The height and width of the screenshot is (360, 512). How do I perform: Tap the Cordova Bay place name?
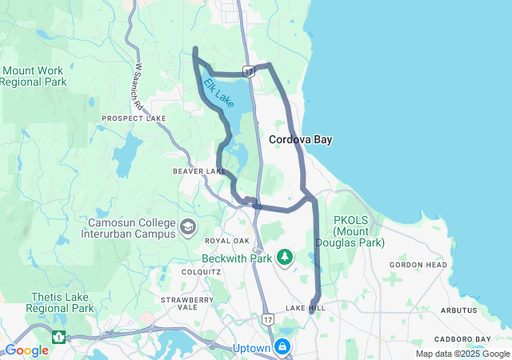pyautogui.click(x=300, y=139)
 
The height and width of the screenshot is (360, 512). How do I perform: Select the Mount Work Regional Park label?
pyautogui.click(x=33, y=76)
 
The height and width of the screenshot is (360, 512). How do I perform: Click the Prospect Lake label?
pyautogui.click(x=134, y=118)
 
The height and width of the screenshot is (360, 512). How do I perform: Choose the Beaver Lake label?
pyautogui.click(x=199, y=171)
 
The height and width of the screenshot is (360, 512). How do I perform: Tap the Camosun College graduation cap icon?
pyautogui.click(x=187, y=228)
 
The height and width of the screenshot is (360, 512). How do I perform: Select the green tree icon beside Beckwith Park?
pyautogui.click(x=283, y=257)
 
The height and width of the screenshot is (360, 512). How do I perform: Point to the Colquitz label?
pyautogui.click(x=200, y=271)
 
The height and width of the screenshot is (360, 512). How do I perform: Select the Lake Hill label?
pyautogui.click(x=306, y=308)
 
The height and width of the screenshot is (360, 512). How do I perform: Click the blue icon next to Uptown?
pyautogui.click(x=282, y=346)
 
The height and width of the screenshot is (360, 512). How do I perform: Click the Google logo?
pyautogui.click(x=27, y=350)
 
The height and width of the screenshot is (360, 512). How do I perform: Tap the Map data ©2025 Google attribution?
pyautogui.click(x=462, y=354)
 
